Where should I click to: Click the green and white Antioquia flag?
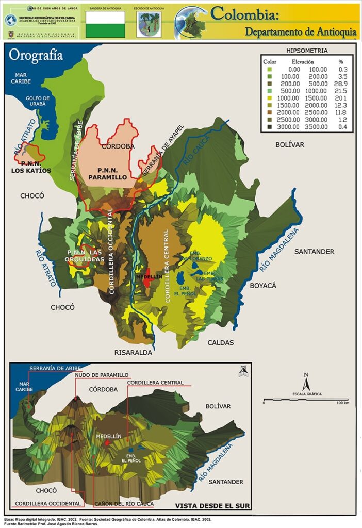point(105,24)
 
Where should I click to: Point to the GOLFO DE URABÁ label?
point(38,101)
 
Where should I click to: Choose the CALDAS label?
point(221,342)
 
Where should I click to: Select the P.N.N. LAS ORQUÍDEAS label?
point(86,255)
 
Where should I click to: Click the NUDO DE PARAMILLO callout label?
point(102,375)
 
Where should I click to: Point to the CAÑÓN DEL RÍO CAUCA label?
point(124,503)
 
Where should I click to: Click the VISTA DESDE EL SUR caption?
point(211,506)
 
